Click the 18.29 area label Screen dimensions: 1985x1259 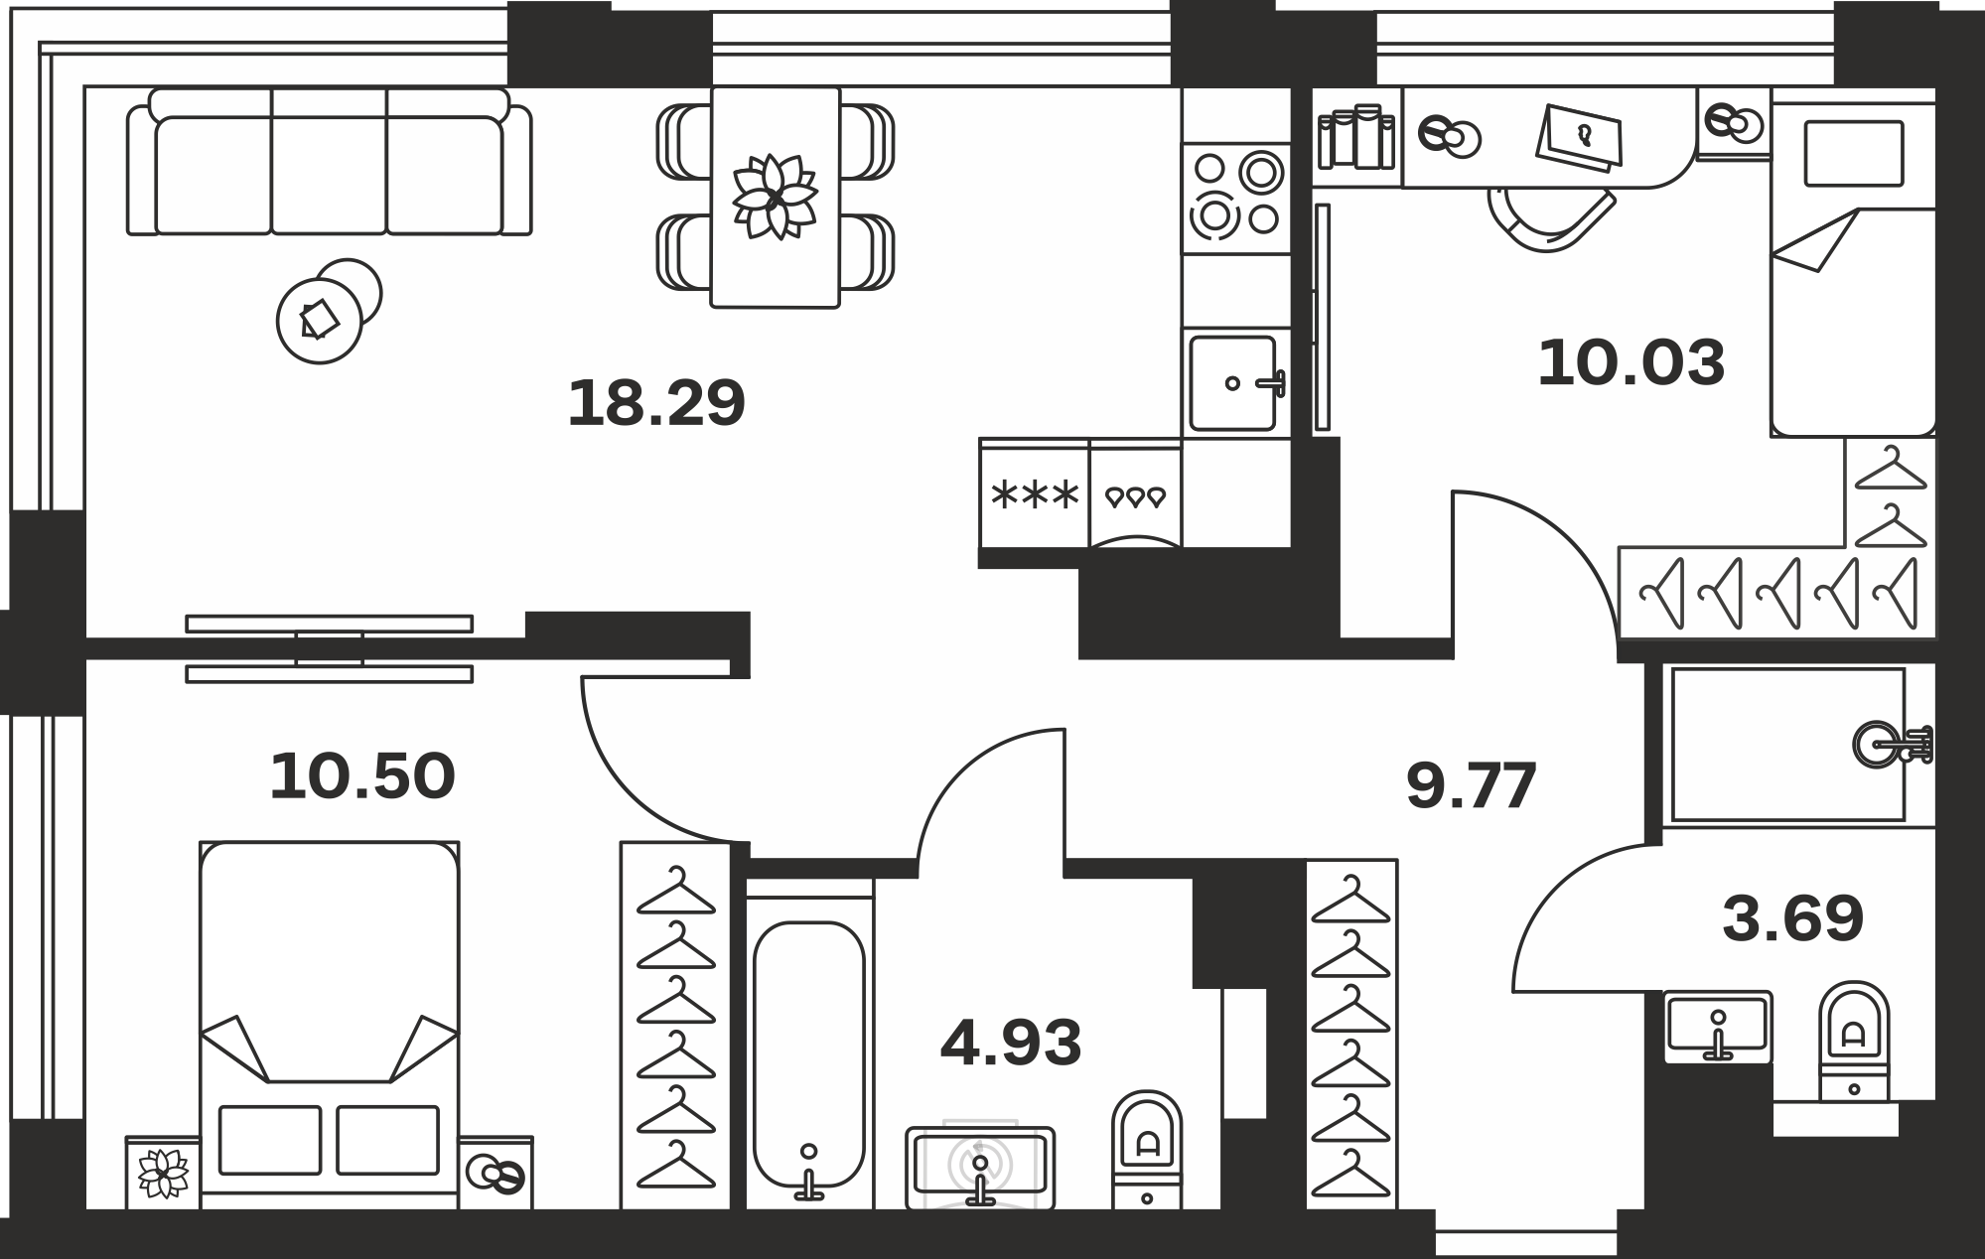coord(655,403)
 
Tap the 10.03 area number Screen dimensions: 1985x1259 coord(1631,362)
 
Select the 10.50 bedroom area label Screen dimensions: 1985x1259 coord(362,775)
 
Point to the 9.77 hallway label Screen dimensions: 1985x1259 coord(1471,785)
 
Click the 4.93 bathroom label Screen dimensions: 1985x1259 coord(1011,1043)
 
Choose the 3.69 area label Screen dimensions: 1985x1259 coord(1792,918)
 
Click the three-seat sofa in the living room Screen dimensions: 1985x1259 coord(329,162)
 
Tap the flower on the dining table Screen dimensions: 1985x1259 coord(775,197)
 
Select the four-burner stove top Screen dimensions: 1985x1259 coord(1236,199)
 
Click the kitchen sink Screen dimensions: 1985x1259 coord(1236,382)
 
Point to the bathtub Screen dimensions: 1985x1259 coord(809,1055)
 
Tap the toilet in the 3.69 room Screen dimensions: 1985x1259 coord(1854,1041)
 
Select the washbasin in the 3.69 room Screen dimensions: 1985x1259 coord(1718,1026)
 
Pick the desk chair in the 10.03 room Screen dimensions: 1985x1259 coord(1549,220)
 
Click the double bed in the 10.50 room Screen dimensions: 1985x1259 coord(330,1025)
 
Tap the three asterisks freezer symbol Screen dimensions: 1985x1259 coord(1035,494)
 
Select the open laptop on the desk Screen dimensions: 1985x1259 coord(1579,138)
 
